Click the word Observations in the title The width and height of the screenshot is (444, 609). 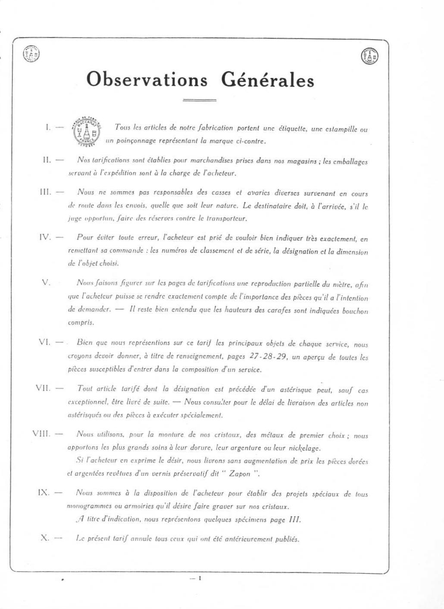pyautogui.click(x=147, y=80)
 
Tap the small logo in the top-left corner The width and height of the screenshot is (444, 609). pyautogui.click(x=31, y=54)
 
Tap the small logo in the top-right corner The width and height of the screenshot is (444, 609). pyautogui.click(x=369, y=56)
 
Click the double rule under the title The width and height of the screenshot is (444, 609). pyautogui.click(x=199, y=100)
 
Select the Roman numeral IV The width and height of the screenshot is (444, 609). pyautogui.click(x=45, y=237)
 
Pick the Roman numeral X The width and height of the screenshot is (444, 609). pyautogui.click(x=44, y=538)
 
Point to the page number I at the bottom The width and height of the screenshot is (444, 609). pyautogui.click(x=200, y=578)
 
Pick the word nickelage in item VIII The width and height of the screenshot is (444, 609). pyautogui.click(x=305, y=448)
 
